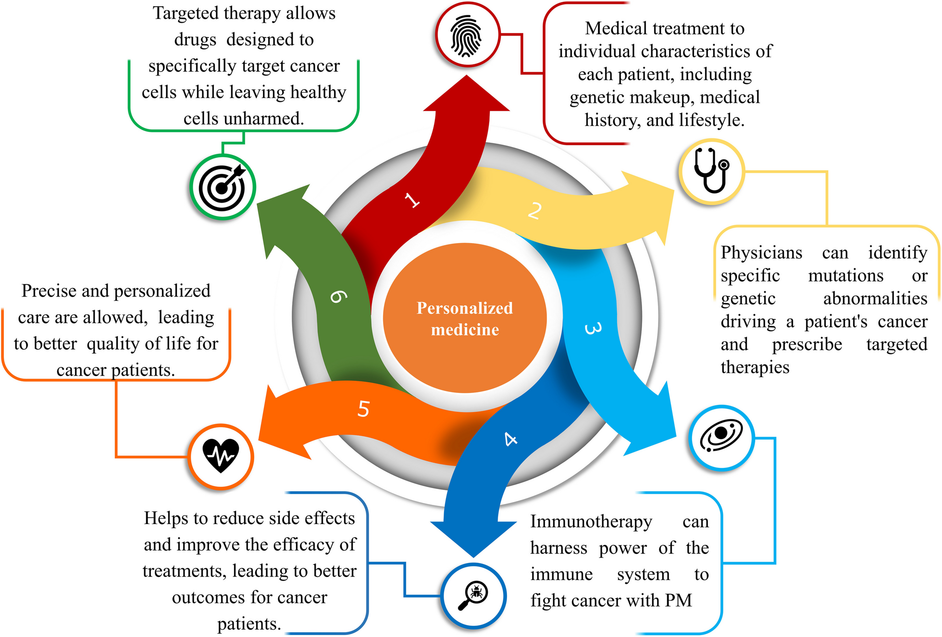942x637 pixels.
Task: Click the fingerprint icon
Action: [466, 36]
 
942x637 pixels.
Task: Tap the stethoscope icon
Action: [712, 171]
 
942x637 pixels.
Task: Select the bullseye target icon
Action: [223, 187]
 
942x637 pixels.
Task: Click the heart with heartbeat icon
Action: [221, 455]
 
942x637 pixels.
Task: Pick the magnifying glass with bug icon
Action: [473, 596]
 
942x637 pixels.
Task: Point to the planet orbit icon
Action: [721, 436]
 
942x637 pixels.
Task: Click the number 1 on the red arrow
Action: [412, 200]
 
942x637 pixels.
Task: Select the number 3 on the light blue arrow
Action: [593, 329]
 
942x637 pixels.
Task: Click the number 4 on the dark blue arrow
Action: [510, 439]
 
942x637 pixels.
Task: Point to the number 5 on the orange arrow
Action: [363, 409]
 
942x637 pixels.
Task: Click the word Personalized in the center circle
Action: [464, 308]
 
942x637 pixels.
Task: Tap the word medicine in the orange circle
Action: [465, 330]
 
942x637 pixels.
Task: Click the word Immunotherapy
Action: [591, 522]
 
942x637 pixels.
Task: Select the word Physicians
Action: [761, 253]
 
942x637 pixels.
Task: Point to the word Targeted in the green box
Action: [186, 13]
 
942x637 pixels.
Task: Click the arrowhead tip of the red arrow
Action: [466, 77]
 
